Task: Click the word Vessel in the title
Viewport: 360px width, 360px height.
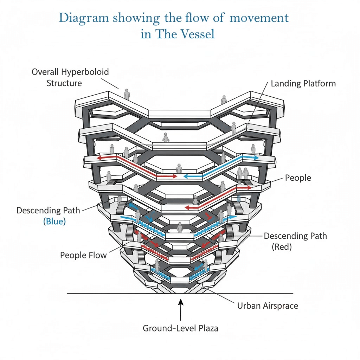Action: coord(195,35)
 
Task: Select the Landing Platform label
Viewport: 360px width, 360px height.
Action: coord(303,84)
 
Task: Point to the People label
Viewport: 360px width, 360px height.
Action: coord(298,178)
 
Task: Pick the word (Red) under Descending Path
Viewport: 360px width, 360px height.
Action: coord(282,247)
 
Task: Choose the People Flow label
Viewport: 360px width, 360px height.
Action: coord(83,255)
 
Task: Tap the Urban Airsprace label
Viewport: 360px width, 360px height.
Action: coord(268,306)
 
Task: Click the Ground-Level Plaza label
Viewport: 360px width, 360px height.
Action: coord(180,328)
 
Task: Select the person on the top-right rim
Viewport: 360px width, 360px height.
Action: coord(224,99)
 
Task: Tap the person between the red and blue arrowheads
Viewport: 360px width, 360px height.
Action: coord(179,168)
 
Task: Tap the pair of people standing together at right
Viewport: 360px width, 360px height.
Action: coord(243,173)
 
